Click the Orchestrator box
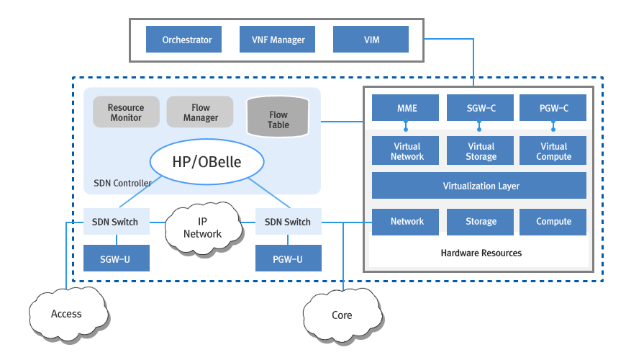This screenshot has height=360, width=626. [187, 40]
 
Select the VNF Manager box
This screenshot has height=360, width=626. [278, 40]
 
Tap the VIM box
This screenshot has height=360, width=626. [371, 40]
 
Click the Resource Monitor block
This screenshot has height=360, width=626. [126, 112]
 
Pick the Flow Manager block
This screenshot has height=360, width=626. [201, 112]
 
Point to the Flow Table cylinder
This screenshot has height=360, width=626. [278, 119]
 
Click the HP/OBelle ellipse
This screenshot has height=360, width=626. [207, 163]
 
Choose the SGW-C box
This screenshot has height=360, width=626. [481, 108]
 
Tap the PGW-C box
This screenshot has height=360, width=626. [553, 108]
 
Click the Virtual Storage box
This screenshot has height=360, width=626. [481, 151]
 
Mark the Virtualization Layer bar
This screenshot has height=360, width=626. [481, 186]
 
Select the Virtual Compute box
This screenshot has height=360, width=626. [553, 151]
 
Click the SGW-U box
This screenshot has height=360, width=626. [116, 258]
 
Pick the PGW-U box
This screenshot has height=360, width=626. [289, 258]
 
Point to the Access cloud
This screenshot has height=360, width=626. [66, 314]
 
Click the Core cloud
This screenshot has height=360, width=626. [342, 315]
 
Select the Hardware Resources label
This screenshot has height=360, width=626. [481, 253]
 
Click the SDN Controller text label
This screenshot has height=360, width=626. [123, 183]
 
